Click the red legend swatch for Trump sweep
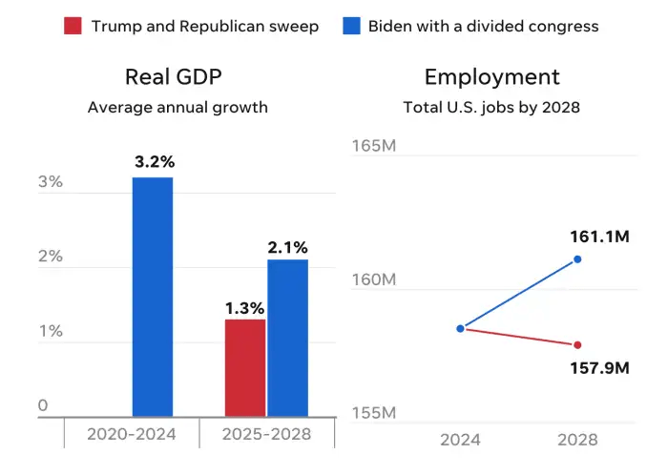point(73,26)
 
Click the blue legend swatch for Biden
point(352,26)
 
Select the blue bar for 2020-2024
point(153,297)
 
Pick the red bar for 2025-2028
point(245,367)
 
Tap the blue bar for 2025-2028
point(287,338)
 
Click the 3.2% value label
point(153,162)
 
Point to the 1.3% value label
point(245,307)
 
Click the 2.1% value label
point(287,247)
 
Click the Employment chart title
point(491,77)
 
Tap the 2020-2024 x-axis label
point(132,437)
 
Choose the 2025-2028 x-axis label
point(267,437)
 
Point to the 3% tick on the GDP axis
point(50,182)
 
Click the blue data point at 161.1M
point(577,259)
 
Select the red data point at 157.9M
point(577,344)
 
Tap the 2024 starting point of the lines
point(460,328)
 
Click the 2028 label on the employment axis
point(576,440)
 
